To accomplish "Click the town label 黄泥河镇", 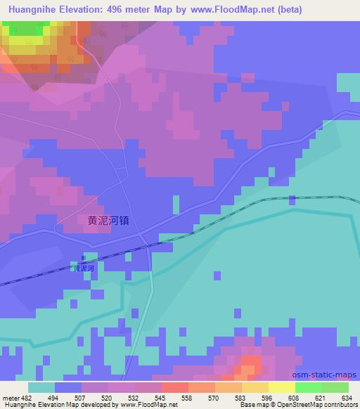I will click(108, 220).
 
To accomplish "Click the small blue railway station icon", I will click(84, 259).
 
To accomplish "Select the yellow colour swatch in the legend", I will click(281, 387).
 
